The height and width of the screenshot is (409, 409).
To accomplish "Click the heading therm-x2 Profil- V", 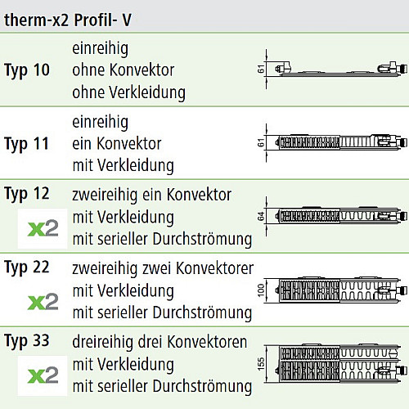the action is pyautogui.click(x=68, y=20).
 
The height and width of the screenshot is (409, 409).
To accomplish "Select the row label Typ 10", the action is pyautogui.click(x=27, y=71).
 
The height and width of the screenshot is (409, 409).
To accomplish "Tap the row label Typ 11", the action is pyautogui.click(x=26, y=144).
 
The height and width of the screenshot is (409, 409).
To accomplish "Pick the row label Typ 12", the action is pyautogui.click(x=27, y=195).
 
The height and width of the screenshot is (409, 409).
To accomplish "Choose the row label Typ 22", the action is pyautogui.click(x=27, y=267).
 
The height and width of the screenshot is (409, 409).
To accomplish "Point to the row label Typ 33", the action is pyautogui.click(x=27, y=341).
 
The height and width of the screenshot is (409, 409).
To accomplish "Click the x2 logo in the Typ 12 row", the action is pyautogui.click(x=43, y=228).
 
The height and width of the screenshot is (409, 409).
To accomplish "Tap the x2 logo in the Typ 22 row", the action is pyautogui.click(x=43, y=302).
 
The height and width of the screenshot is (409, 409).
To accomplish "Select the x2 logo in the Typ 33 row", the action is pyautogui.click(x=43, y=375).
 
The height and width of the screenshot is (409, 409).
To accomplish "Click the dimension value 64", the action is pyautogui.click(x=261, y=216).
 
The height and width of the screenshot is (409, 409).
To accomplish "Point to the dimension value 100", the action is pyautogui.click(x=261, y=290).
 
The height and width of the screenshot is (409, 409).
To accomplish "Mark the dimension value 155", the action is pyautogui.click(x=261, y=364).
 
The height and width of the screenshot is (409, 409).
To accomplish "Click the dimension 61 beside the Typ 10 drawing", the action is pyautogui.click(x=261, y=69).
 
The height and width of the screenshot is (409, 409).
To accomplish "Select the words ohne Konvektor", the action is pyautogui.click(x=123, y=70).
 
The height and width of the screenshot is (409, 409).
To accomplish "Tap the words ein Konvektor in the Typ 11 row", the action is pyautogui.click(x=117, y=143).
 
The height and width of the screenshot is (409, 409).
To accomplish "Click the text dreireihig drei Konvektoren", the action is pyautogui.click(x=160, y=342).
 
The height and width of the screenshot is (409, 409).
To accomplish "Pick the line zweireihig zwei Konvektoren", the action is pyautogui.click(x=163, y=268).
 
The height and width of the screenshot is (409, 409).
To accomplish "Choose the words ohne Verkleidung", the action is pyautogui.click(x=128, y=92).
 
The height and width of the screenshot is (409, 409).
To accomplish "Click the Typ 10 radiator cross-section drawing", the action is pyautogui.click(x=336, y=70).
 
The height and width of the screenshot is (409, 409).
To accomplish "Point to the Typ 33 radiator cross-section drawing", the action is pyautogui.click(x=336, y=364).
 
